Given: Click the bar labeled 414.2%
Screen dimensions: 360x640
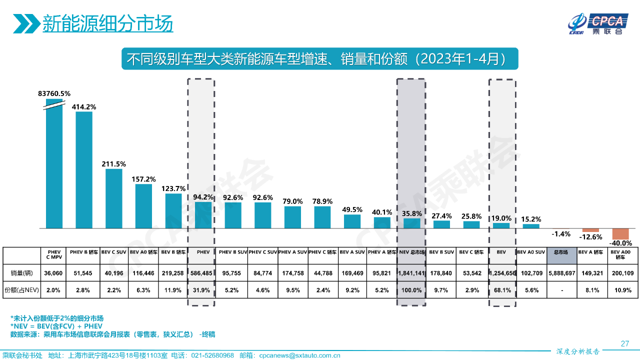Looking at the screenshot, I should click(84, 170).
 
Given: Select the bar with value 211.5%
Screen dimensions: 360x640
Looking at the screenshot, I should click(114, 198).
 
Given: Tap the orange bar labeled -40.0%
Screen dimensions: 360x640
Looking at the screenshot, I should click(620, 234).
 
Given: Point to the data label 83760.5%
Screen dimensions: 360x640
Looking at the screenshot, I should click(54, 93).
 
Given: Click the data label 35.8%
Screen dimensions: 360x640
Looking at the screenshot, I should click(411, 213).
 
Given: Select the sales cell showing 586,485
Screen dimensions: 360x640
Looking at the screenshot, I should click(201, 273).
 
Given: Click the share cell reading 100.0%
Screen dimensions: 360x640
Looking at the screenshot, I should click(411, 290).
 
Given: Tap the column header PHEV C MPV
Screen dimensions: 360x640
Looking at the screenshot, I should click(54, 255).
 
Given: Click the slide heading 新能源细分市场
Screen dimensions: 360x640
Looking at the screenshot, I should click(107, 23).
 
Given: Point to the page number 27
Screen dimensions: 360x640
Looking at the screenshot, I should click(624, 343).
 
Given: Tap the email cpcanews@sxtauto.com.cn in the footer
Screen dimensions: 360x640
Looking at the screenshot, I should click(299, 355).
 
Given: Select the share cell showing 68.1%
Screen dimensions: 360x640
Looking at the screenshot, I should click(502, 290).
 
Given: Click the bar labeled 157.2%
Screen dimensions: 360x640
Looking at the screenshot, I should click(144, 206).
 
